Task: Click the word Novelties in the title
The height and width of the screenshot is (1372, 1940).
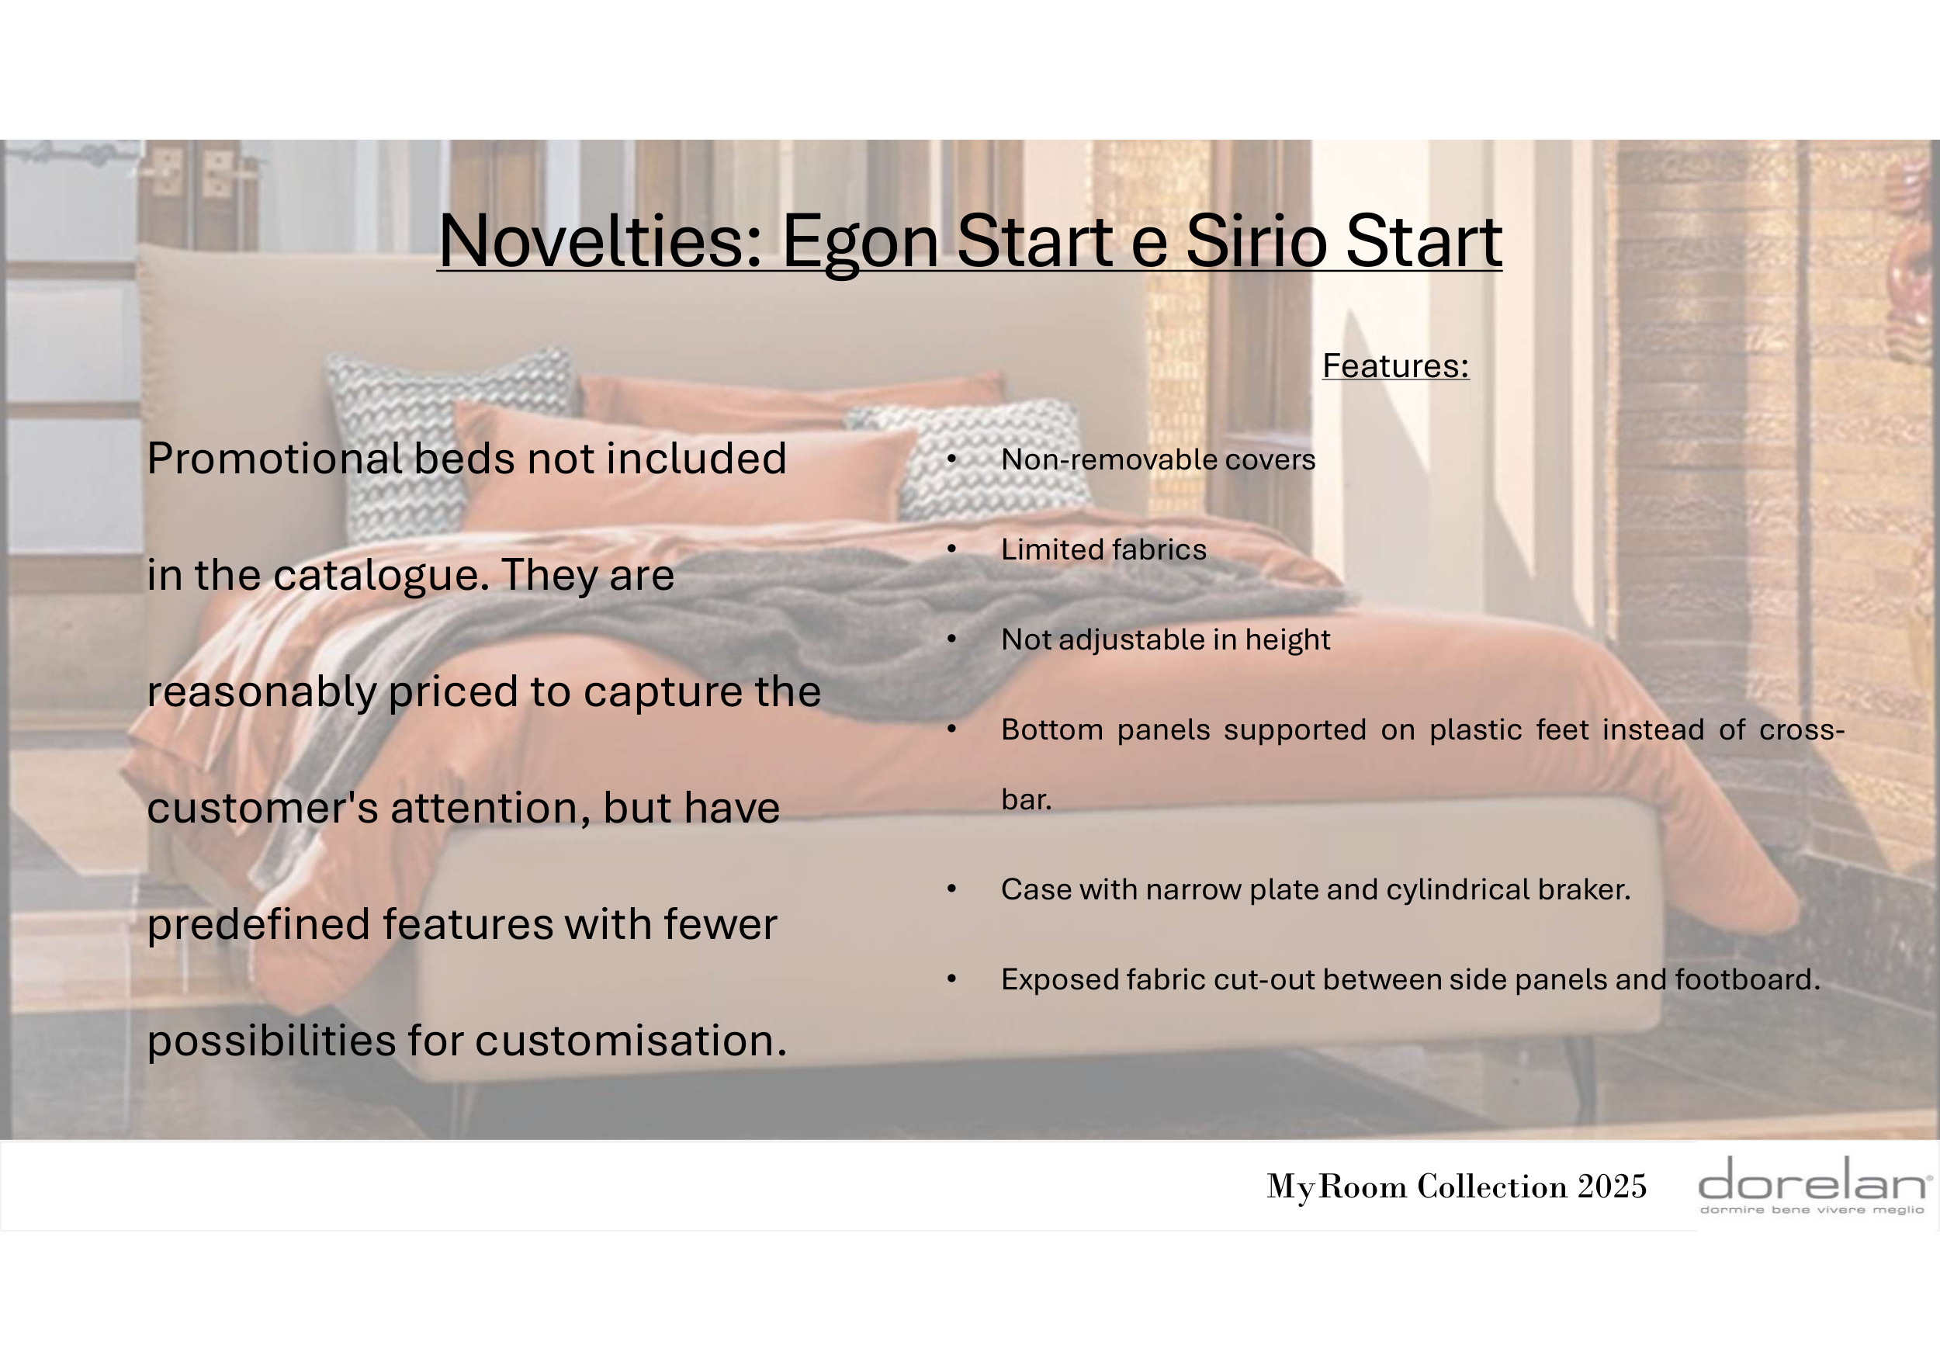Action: pyautogui.click(x=600, y=241)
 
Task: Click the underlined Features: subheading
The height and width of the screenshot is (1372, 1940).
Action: pyautogui.click(x=1396, y=366)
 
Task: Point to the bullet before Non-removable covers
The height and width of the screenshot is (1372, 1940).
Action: pyautogui.click(x=951, y=459)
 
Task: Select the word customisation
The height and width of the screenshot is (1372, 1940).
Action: pyautogui.click(x=631, y=1041)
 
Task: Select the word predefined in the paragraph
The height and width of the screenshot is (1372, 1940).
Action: pyautogui.click(x=258, y=926)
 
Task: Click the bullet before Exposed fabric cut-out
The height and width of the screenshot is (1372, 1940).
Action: pyautogui.click(x=951, y=980)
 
